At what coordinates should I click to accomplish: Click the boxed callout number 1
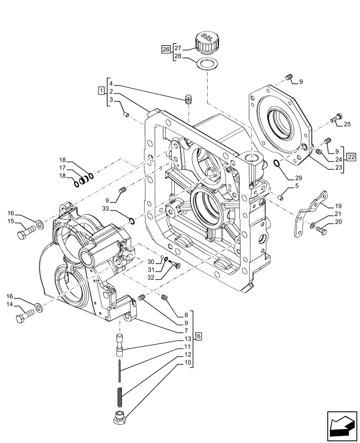pos(101,91)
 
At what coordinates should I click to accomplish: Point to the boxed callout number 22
pos(351,157)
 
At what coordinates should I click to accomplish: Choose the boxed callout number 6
pos(199,337)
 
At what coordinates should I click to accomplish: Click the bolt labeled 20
pos(321,230)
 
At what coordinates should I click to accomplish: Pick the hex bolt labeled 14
pos(24,317)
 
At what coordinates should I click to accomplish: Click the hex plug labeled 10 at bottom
pos(119,417)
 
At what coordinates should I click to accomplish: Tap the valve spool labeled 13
pos(119,344)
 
